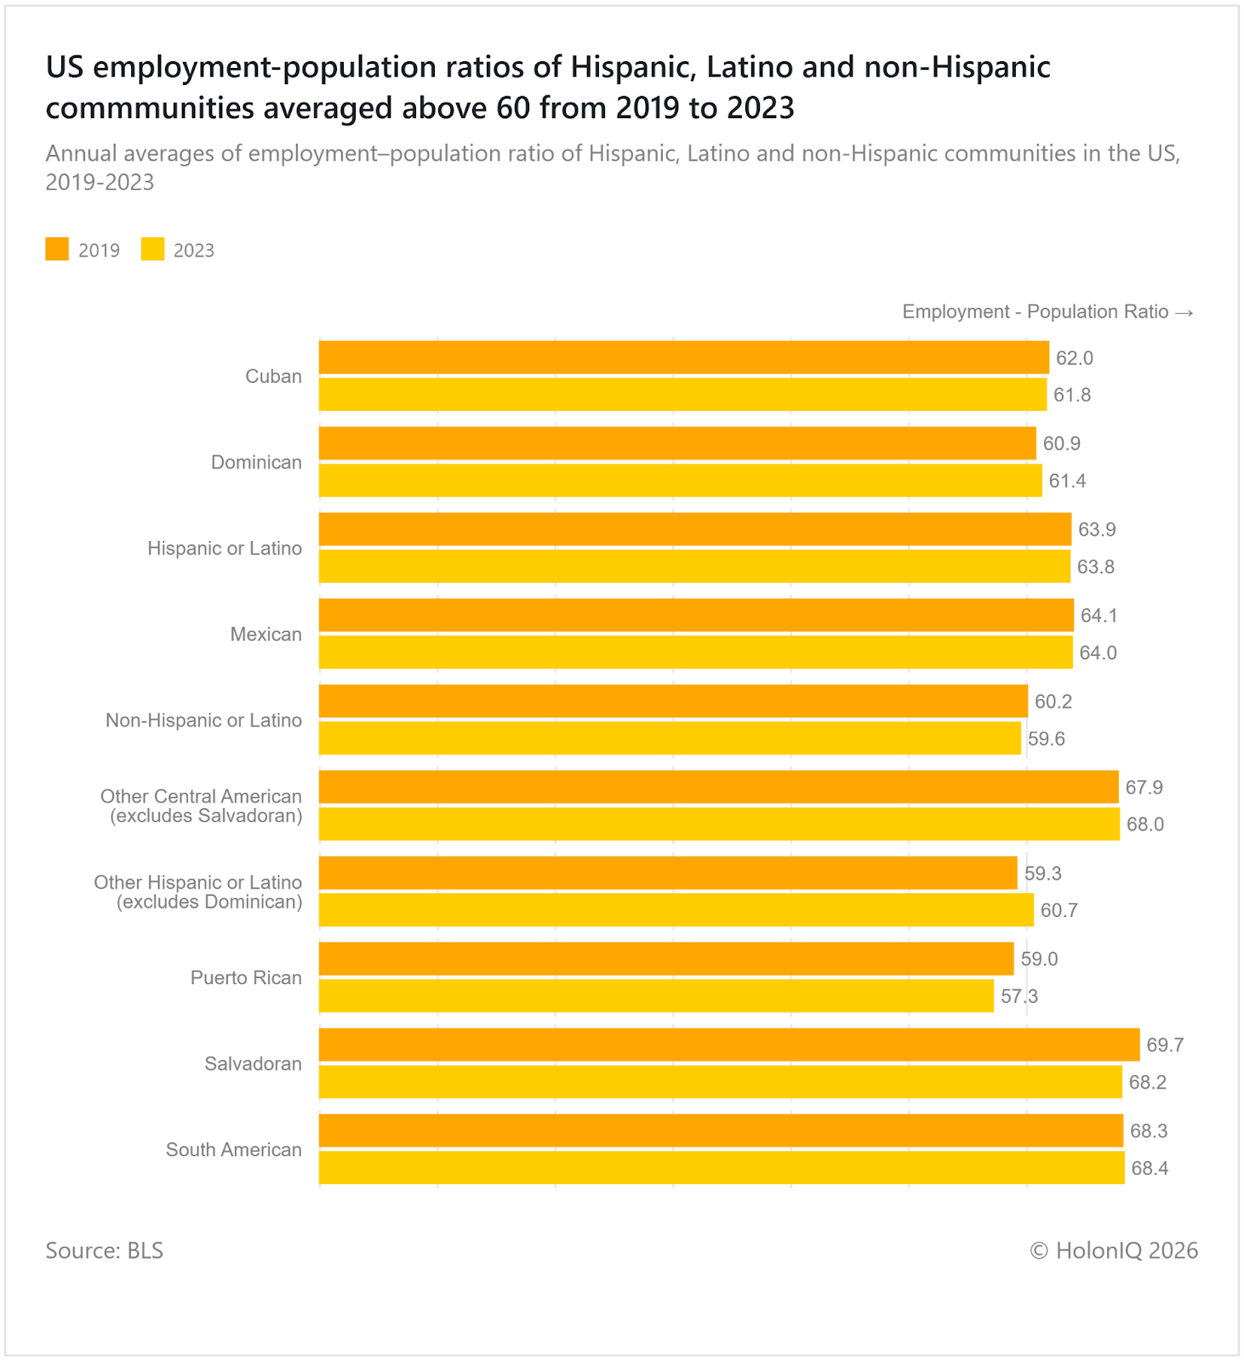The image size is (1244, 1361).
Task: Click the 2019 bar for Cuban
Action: pos(683,357)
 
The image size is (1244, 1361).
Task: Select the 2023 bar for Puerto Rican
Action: pos(656,996)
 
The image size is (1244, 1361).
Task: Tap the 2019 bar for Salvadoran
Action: pos(729,1045)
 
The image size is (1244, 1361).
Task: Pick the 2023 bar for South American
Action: pos(722,1168)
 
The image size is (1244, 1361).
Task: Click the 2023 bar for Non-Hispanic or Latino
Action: pos(670,738)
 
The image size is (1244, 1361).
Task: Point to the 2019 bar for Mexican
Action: pos(696,615)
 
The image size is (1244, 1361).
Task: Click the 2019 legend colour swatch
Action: pos(57,249)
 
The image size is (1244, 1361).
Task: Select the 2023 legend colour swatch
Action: pos(153,249)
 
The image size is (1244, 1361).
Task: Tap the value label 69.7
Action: pos(1165,1045)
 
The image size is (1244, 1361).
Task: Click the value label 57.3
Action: pos(1019,997)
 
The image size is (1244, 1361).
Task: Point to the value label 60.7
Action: pos(1059,911)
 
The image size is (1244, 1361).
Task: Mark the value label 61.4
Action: pos(1067,481)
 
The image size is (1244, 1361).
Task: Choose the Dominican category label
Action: pos(256,463)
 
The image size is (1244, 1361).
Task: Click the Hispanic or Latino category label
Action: pos(225,549)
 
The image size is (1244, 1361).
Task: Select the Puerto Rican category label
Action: pos(246,978)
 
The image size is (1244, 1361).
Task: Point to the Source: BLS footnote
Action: pos(104,1250)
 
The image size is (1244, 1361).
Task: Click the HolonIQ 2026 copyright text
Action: pos(1114,1250)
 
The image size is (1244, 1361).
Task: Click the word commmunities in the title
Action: pos(150,109)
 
